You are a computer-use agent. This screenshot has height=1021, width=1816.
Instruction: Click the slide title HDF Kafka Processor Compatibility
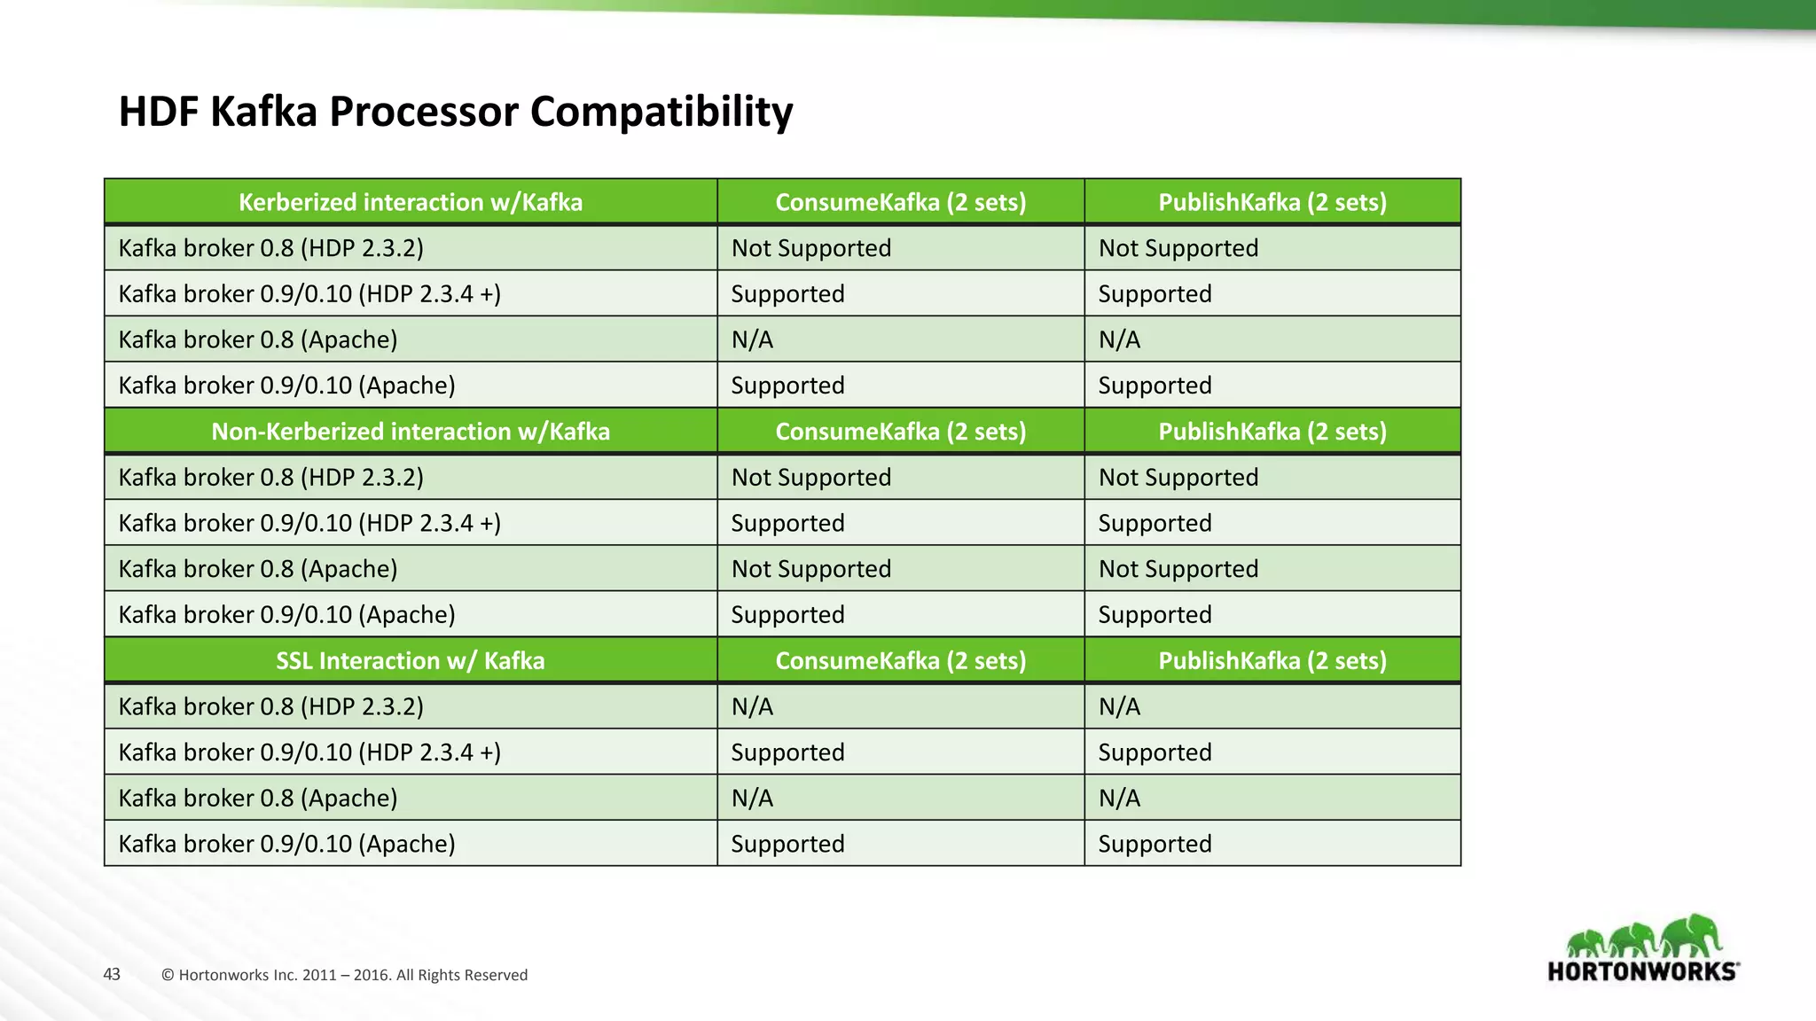(x=456, y=112)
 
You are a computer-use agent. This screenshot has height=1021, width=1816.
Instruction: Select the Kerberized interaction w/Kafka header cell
(x=411, y=202)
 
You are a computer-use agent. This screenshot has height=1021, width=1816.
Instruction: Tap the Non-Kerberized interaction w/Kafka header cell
(x=411, y=432)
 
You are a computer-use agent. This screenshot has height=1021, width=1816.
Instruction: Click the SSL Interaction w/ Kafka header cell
(x=411, y=661)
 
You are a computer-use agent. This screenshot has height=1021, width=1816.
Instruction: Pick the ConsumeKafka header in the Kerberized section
(x=900, y=202)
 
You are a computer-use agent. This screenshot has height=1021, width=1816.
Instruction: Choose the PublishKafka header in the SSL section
(x=1272, y=661)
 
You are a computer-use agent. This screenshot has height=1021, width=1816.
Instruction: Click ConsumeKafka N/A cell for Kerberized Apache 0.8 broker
(x=752, y=340)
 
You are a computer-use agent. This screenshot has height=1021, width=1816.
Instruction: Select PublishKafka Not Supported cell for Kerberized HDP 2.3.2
(x=1178, y=248)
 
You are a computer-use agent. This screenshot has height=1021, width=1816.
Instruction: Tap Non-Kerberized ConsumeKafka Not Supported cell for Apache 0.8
(x=811, y=569)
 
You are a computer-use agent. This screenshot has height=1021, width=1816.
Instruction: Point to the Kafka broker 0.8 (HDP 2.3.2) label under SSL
(x=270, y=707)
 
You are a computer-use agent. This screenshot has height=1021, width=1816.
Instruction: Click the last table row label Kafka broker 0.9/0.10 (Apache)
(x=286, y=844)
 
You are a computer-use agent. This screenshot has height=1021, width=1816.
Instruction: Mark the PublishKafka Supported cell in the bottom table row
(x=1155, y=844)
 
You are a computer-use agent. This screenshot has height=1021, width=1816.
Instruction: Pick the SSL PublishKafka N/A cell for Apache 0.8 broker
(x=1119, y=799)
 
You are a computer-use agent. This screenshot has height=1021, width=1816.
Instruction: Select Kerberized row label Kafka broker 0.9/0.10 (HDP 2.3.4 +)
(x=309, y=294)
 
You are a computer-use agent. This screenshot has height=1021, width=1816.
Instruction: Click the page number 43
(x=112, y=975)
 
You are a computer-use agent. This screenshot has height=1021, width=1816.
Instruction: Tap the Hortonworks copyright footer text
(x=344, y=975)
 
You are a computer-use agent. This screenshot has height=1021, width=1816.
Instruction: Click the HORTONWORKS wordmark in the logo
(x=1642, y=971)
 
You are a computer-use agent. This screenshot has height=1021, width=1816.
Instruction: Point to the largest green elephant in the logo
(x=1689, y=936)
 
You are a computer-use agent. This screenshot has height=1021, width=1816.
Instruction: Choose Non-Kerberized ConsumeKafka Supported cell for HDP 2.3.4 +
(x=787, y=524)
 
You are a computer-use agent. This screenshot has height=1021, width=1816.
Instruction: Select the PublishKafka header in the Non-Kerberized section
(x=1272, y=432)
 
